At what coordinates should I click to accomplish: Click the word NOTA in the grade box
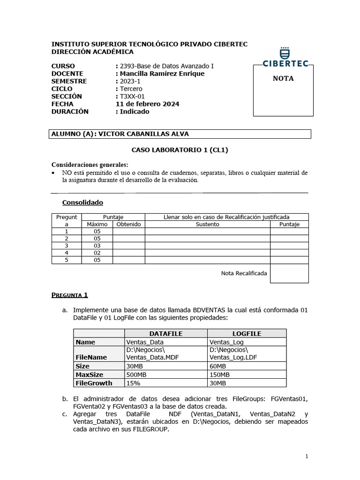point(283,79)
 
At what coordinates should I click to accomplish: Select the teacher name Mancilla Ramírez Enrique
point(160,74)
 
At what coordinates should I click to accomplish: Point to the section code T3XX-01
point(133,97)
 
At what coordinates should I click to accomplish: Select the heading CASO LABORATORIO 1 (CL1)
point(180,150)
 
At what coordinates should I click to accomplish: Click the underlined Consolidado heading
point(82,202)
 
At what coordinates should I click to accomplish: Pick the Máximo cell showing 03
point(97,246)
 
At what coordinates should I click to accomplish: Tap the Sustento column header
point(207,225)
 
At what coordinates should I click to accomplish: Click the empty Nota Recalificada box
point(289,273)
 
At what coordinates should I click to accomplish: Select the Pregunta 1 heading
point(69,295)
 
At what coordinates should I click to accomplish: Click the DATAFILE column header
point(165,334)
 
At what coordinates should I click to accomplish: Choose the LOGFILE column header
point(247,334)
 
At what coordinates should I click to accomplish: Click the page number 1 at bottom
point(307,457)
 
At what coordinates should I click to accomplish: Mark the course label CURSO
point(63,66)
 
